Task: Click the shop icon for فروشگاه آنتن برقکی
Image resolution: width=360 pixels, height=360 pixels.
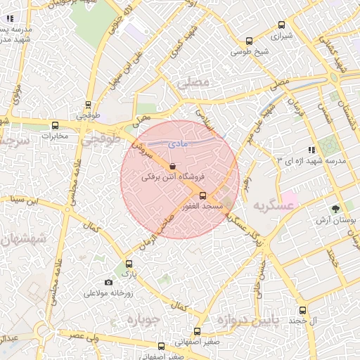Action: (173, 166)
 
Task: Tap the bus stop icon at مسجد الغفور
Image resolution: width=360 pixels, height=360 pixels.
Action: (203, 195)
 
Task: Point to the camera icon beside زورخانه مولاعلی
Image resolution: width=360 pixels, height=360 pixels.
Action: (108, 282)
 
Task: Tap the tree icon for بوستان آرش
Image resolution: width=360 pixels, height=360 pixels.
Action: (335, 208)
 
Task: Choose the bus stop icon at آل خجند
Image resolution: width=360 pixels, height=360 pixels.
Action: (302, 310)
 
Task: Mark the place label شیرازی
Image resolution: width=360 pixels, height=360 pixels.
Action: (282, 34)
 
